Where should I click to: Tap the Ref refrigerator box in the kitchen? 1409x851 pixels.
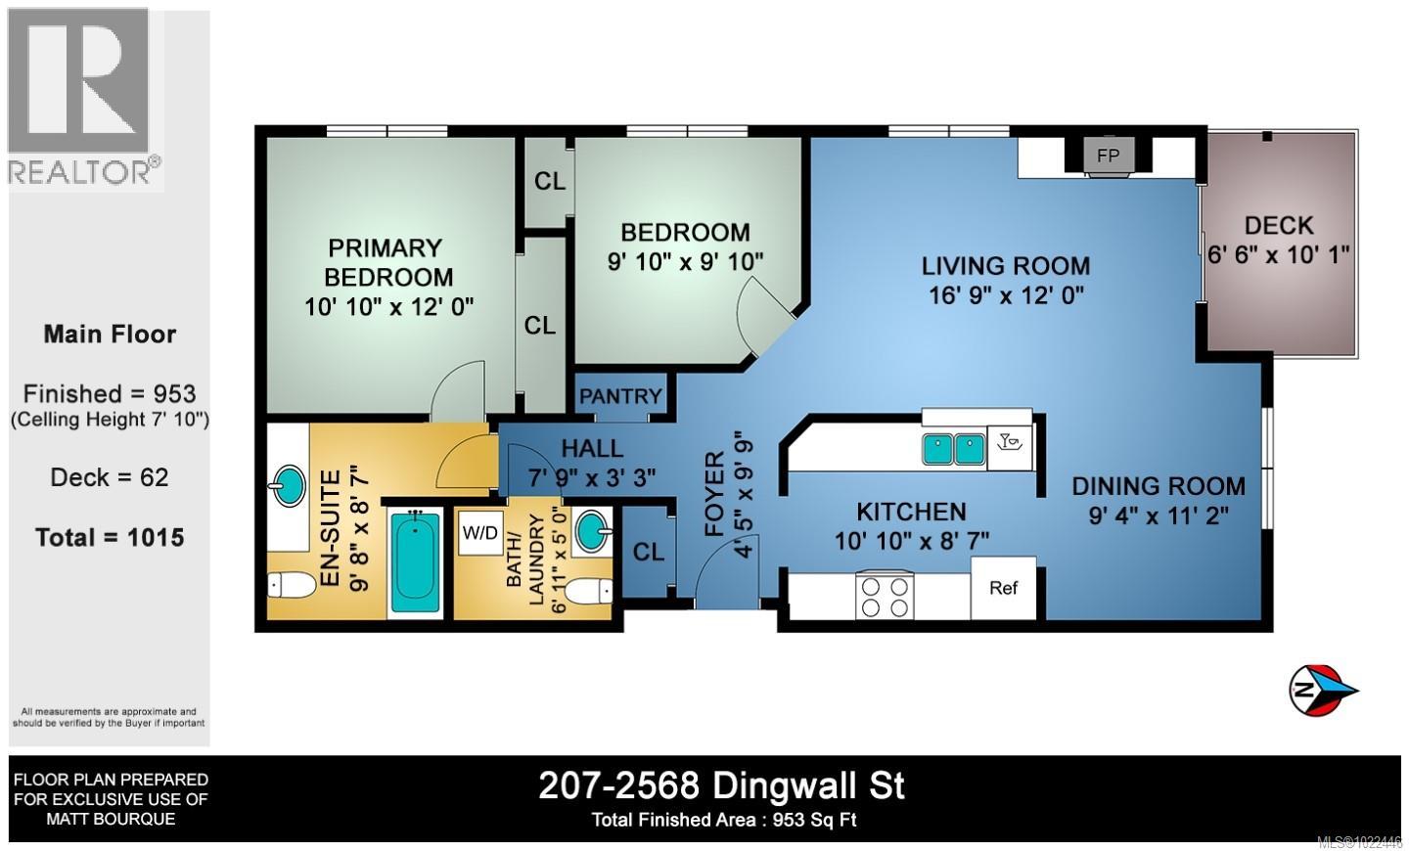(1003, 588)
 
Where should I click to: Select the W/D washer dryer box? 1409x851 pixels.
(479, 533)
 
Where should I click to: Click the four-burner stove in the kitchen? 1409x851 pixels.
(885, 595)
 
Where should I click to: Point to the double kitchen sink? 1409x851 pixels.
(952, 449)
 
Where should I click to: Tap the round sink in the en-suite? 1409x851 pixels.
(288, 486)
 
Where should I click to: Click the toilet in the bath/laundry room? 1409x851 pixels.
(589, 591)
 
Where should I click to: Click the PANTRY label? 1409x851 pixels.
(620, 396)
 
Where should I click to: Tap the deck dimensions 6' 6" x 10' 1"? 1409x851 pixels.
(1279, 253)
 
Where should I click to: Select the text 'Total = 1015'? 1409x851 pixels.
(110, 537)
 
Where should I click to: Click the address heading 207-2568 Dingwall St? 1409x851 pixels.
(721, 785)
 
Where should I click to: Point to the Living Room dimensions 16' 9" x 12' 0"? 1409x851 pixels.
(1005, 293)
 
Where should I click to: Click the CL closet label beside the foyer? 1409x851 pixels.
(648, 552)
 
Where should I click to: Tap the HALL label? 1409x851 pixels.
(592, 448)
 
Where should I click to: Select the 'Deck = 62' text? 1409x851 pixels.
(110, 477)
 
